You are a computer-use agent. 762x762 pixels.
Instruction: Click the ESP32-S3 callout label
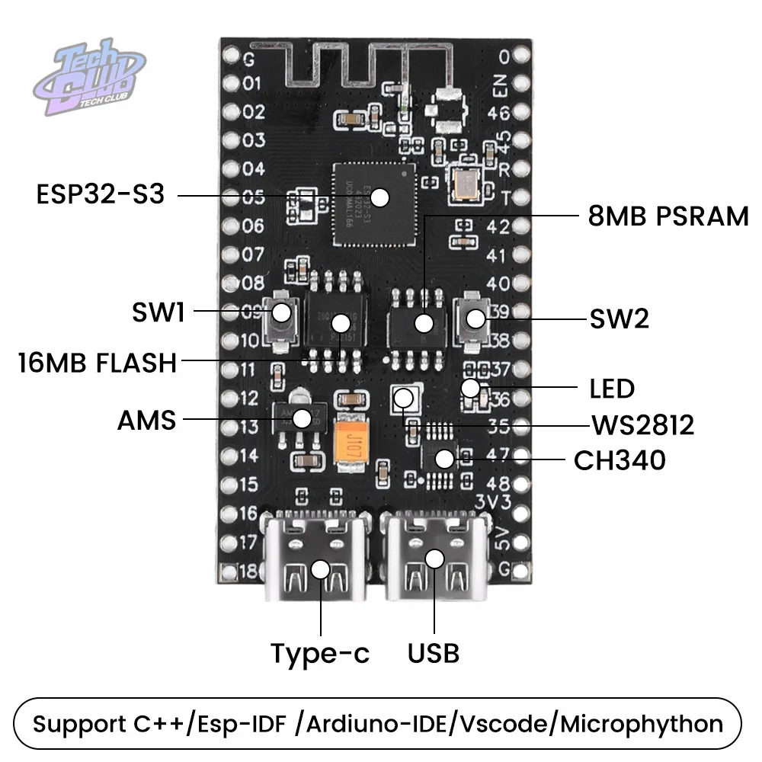tap(100, 194)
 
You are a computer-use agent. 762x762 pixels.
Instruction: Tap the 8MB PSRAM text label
tap(668, 216)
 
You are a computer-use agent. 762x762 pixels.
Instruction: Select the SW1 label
tap(157, 312)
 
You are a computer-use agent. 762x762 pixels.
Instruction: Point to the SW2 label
tap(620, 319)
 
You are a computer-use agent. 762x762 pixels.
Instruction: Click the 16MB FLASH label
tap(98, 363)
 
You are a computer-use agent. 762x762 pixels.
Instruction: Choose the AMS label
tap(147, 419)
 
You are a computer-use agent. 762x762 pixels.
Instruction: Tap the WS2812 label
tap(643, 425)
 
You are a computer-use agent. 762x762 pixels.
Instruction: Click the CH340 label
tap(620, 460)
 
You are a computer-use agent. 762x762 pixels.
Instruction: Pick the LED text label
tap(612, 389)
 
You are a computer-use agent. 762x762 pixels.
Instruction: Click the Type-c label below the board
tap(320, 653)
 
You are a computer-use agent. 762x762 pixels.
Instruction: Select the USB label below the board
tap(434, 653)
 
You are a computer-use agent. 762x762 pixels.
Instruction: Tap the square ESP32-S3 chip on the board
tap(370, 205)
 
